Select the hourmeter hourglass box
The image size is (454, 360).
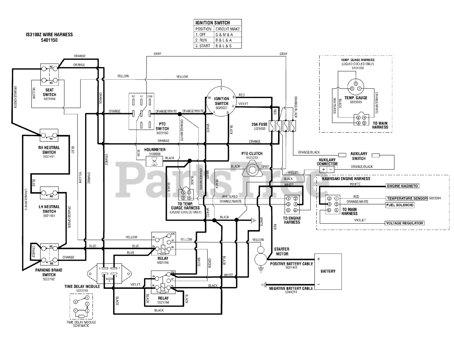(154, 162)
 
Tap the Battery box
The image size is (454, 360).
(328, 271)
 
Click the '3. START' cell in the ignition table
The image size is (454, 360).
(204, 46)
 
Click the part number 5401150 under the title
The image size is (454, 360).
(49, 40)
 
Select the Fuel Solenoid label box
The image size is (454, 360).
(400, 205)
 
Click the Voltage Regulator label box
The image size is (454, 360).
(404, 223)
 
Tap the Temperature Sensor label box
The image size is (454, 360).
(406, 199)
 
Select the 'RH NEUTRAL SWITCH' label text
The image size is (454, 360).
(49, 150)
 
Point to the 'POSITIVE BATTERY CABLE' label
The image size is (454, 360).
(291, 264)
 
